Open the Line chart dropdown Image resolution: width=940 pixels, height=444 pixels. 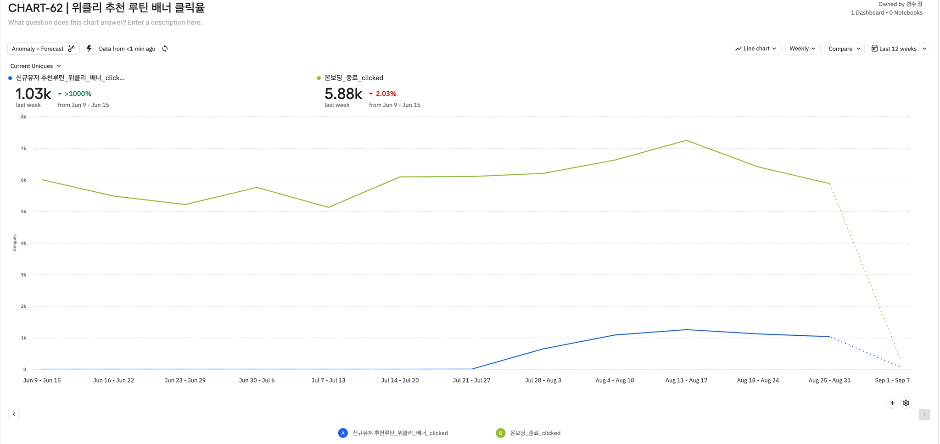pos(755,49)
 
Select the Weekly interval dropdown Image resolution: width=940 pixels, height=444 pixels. pos(802,49)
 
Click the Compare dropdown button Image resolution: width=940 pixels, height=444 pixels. pos(844,49)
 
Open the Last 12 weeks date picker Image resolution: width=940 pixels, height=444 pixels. pos(894,49)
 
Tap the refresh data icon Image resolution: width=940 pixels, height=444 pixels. pos(165,49)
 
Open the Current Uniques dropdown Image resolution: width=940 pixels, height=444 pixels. pos(35,66)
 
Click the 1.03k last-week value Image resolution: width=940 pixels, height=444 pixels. pos(33,94)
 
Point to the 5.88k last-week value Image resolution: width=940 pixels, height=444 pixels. pos(343,94)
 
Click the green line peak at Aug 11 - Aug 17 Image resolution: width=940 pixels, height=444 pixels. pos(686,140)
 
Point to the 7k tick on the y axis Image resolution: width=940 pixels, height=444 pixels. pos(23,149)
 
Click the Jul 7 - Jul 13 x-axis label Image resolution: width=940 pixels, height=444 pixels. pos(328,380)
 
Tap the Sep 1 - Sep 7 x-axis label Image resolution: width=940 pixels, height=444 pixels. pos(892,380)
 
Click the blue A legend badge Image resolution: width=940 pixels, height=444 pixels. pos(343,433)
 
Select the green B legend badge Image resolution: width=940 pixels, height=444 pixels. pos(500,433)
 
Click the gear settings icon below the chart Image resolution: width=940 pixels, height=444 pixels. pos(906,403)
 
